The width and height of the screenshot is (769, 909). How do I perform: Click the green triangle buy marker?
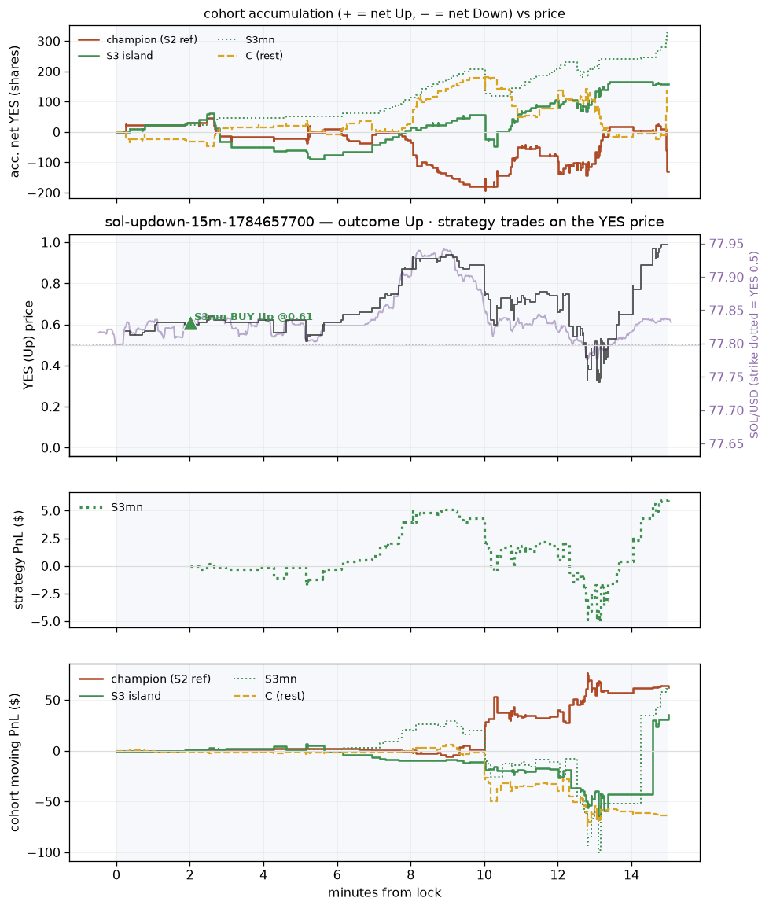pyautogui.click(x=190, y=323)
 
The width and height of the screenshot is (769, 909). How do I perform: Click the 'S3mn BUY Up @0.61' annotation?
pyautogui.click(x=253, y=317)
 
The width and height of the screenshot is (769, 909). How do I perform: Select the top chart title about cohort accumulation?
pyautogui.click(x=384, y=13)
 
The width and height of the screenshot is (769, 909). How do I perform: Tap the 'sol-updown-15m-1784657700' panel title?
pyautogui.click(x=210, y=222)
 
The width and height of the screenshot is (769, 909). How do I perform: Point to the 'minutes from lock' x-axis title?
pyautogui.click(x=384, y=892)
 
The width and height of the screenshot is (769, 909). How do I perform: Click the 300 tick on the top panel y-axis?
pyautogui.click(x=50, y=41)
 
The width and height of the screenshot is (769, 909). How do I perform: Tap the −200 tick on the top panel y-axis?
pyautogui.click(x=43, y=193)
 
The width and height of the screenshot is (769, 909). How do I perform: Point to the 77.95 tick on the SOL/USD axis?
pyautogui.click(x=727, y=244)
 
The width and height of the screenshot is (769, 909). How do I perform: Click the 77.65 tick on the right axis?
pyautogui.click(x=727, y=444)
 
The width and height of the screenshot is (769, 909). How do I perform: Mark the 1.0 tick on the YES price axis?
pyautogui.click(x=52, y=242)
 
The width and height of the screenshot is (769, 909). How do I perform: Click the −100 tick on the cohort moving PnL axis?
pyautogui.click(x=43, y=852)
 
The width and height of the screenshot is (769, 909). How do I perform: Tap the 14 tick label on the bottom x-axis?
pyautogui.click(x=631, y=875)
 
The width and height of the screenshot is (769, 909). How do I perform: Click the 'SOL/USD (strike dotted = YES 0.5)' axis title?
pyautogui.click(x=754, y=344)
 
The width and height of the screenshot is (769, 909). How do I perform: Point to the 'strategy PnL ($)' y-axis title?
pyautogui.click(x=19, y=560)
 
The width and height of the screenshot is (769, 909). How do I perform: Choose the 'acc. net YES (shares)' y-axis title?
pyautogui.click(x=15, y=112)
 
